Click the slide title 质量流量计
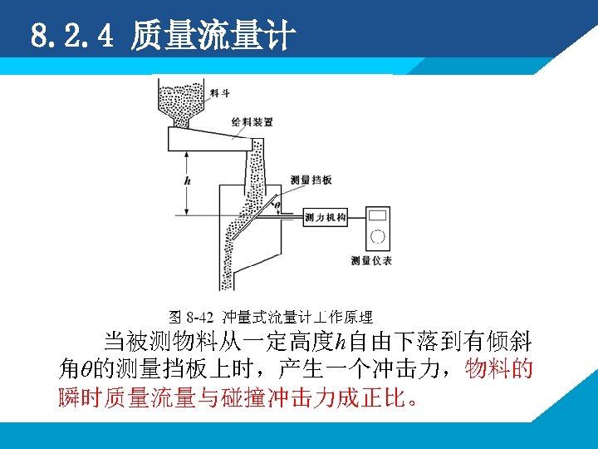click(x=213, y=35)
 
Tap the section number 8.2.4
click(x=72, y=36)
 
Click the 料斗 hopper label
click(x=219, y=93)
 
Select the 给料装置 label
click(x=252, y=122)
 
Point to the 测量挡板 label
click(x=311, y=180)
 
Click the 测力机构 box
click(x=326, y=218)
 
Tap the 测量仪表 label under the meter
click(x=371, y=261)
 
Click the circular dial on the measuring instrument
click(x=378, y=237)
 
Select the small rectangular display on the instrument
click(x=378, y=215)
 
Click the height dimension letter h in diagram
click(x=187, y=180)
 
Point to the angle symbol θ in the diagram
click(x=277, y=205)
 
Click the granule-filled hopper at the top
click(x=180, y=103)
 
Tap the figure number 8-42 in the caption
click(x=199, y=317)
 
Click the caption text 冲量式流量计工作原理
click(x=297, y=317)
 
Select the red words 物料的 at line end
click(x=498, y=369)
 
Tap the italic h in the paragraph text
click(x=341, y=342)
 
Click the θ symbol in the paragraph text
click(x=86, y=369)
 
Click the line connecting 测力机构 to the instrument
click(x=356, y=218)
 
